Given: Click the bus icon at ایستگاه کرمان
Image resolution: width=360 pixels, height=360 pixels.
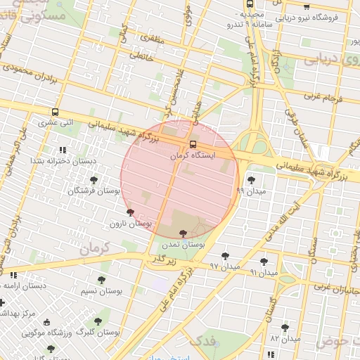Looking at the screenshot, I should coord(193,146).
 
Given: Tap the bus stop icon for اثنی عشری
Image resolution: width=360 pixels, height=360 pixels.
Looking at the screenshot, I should coord(55,112).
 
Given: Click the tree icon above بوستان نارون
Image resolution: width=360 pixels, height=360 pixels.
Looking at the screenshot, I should coord(129,212).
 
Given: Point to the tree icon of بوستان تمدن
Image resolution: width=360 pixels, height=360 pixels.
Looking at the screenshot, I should coord(183,233).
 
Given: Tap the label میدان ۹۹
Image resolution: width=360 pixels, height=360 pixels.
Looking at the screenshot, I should coord(251,191).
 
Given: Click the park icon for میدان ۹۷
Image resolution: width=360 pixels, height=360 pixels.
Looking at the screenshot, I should coord(225,256).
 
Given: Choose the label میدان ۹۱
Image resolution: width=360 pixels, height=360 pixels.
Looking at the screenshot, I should coord(264,271).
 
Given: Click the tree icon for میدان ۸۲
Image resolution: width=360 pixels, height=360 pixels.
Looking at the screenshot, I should coord(285,328).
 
